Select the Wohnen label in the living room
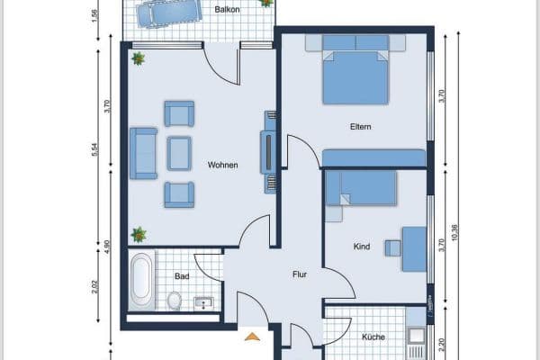(222, 165)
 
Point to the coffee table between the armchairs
(180, 153)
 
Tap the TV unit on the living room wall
(267, 151)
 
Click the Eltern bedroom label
(361, 127)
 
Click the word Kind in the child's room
(362, 245)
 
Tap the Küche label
(373, 337)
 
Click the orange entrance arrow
(253, 337)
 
